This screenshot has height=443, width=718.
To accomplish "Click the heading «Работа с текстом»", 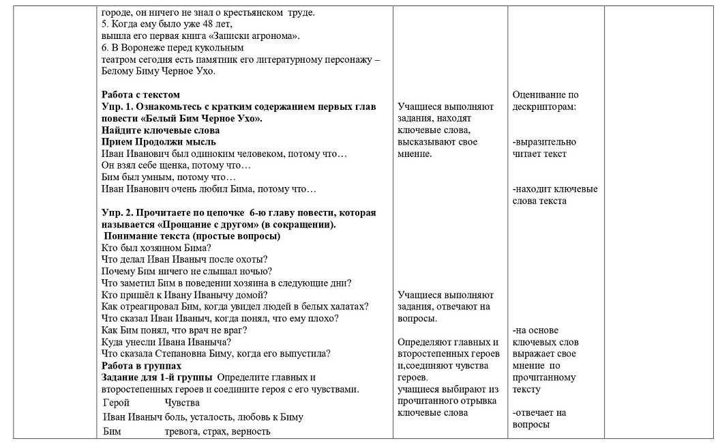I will click(140, 94).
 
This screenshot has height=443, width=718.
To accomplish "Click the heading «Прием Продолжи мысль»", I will click(158, 141).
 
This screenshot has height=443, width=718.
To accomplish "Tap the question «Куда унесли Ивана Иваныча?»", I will click(166, 341).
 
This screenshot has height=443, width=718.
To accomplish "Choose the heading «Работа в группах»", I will click(142, 365).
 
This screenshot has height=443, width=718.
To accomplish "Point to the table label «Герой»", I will click(115, 403).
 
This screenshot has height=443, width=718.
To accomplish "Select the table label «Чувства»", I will click(182, 403).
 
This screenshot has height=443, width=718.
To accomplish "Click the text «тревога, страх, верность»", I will click(218, 431).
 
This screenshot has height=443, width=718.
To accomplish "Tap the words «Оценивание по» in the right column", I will click(545, 94).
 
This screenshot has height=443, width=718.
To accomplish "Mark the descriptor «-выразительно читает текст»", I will click(544, 147).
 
